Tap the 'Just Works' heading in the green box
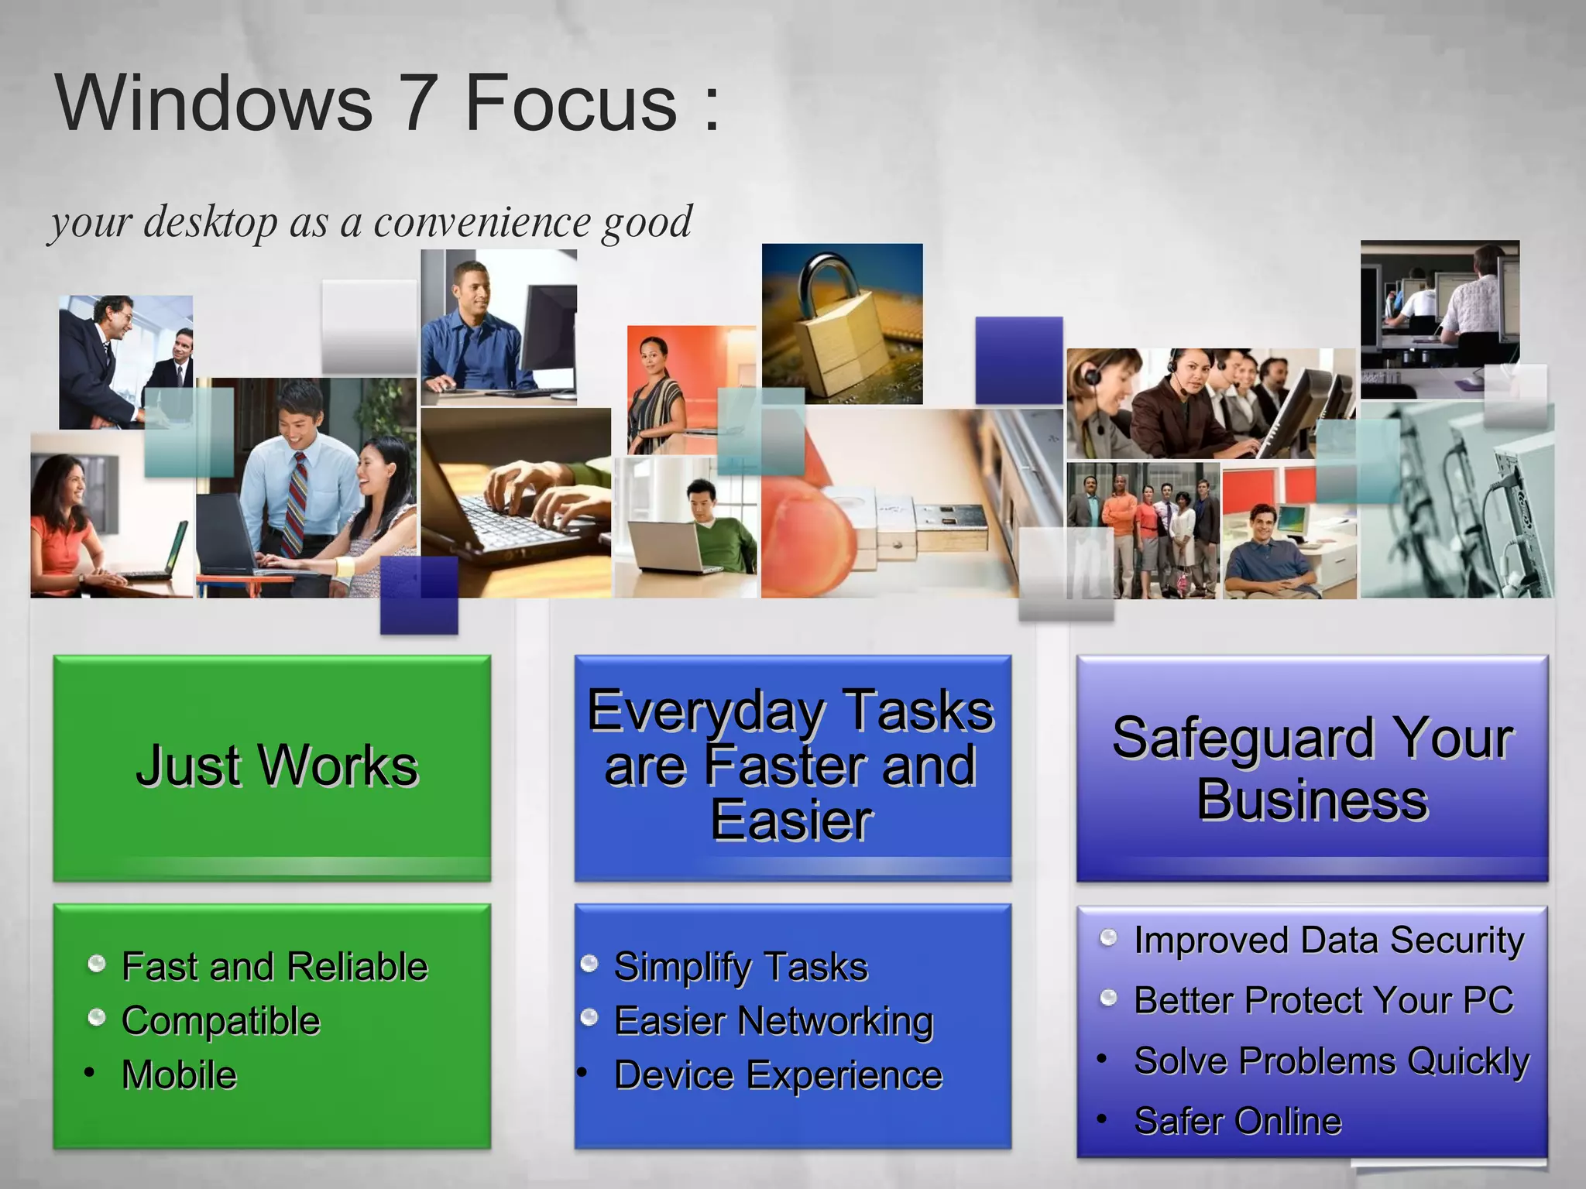pyautogui.click(x=276, y=766)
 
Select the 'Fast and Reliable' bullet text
pyautogui.click(x=274, y=967)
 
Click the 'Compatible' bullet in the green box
pyautogui.click(x=221, y=1021)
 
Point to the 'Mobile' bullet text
pyautogui.click(x=179, y=1075)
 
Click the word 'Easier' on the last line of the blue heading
pyautogui.click(x=791, y=821)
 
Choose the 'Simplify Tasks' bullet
pyautogui.click(x=740, y=967)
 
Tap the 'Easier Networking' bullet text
pyautogui.click(x=773, y=1021)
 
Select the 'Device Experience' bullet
pyautogui.click(x=778, y=1075)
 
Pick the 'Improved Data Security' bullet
pyautogui.click(x=1328, y=941)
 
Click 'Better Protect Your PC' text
pyautogui.click(x=1323, y=1000)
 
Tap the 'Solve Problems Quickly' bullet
pyautogui.click(x=1330, y=1061)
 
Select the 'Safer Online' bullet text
pyautogui.click(x=1237, y=1121)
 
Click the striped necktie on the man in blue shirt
pyautogui.click(x=297, y=503)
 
